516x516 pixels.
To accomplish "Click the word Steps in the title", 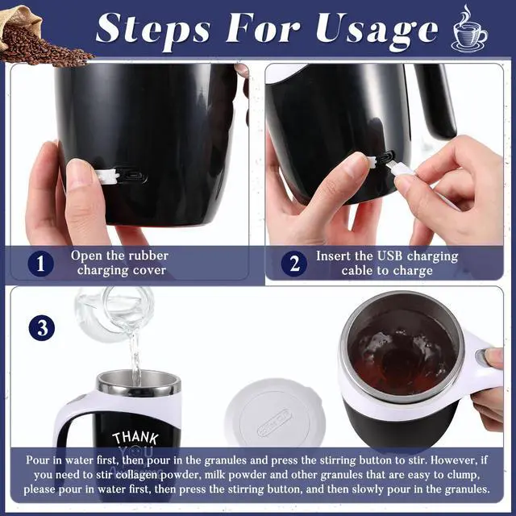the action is (x=153, y=31).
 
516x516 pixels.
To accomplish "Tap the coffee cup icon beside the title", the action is (x=469, y=30).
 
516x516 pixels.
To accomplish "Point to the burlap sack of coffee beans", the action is (x=36, y=36).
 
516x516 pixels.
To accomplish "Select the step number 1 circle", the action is (x=40, y=264).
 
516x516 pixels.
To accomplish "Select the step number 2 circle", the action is (x=293, y=264).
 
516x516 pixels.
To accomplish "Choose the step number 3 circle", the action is (x=42, y=328).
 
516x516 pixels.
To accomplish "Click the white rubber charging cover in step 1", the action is (x=108, y=176).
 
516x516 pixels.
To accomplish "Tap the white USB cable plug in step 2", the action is (x=402, y=170).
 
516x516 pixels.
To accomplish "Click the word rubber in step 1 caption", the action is (x=148, y=256).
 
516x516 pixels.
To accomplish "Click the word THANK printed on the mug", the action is (x=135, y=438).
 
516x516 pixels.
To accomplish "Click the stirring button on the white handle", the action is (x=481, y=356).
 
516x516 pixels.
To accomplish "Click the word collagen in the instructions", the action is (x=136, y=475).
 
